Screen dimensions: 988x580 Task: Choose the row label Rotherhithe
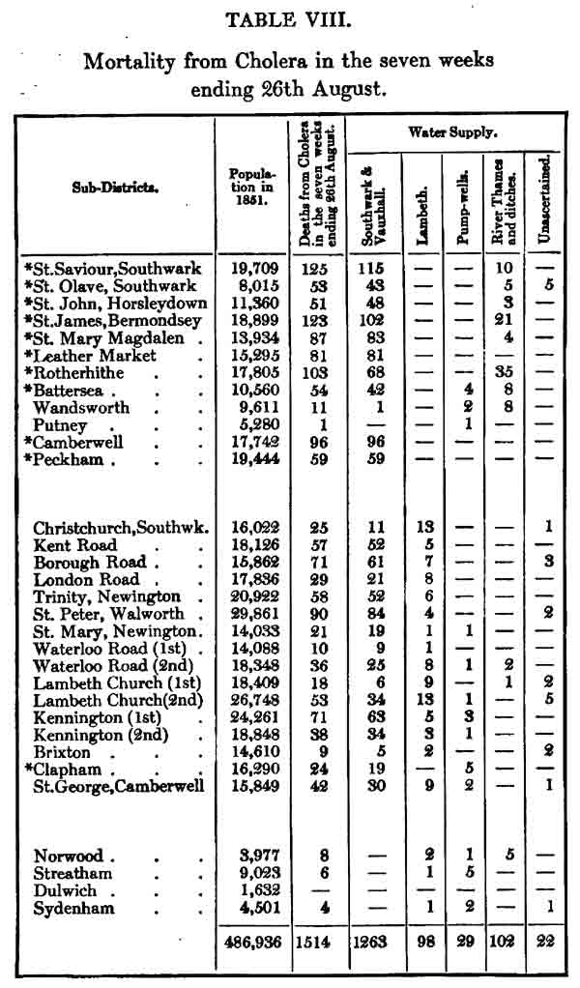81,372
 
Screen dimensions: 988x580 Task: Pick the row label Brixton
62,751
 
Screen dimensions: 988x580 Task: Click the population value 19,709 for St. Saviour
252,268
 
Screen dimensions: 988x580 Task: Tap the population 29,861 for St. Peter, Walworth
252,614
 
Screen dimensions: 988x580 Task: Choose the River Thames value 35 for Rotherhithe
501,372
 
